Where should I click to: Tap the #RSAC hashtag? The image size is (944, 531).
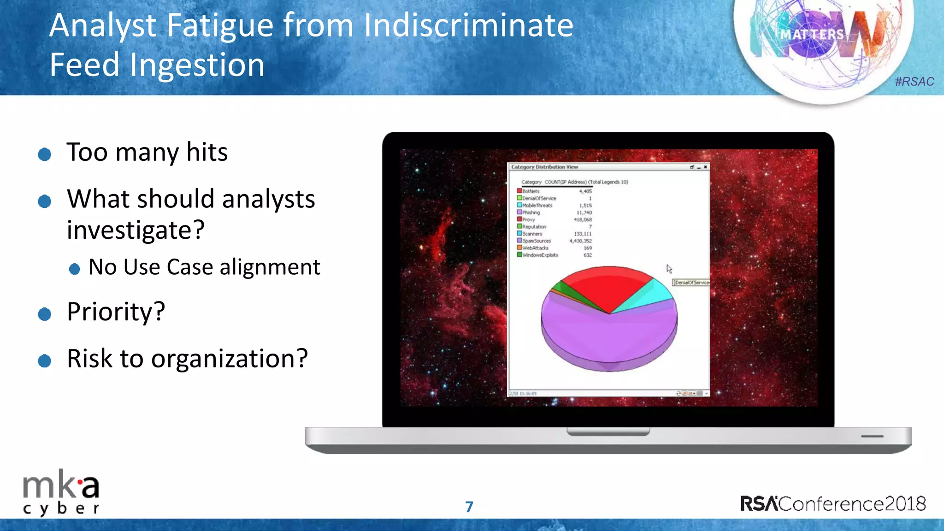pyautogui.click(x=914, y=82)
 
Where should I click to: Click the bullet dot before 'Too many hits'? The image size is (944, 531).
pyautogui.click(x=44, y=154)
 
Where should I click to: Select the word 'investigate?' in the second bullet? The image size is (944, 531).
pyautogui.click(x=136, y=230)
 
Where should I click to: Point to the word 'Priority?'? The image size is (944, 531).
pyautogui.click(x=116, y=312)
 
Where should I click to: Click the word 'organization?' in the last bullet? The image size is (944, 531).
pyautogui.click(x=229, y=359)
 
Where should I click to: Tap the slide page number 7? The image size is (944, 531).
pyautogui.click(x=469, y=507)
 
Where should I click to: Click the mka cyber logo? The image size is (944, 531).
pyautogui.click(x=61, y=493)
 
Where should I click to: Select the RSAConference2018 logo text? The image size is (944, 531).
pyautogui.click(x=832, y=504)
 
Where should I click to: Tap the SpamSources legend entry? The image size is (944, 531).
pyautogui.click(x=536, y=241)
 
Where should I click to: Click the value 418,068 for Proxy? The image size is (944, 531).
pyautogui.click(x=583, y=220)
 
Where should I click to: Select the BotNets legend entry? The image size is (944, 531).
pyautogui.click(x=531, y=191)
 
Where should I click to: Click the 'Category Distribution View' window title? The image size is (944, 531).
pyautogui.click(x=544, y=167)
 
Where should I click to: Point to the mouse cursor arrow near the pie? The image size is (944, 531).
pyautogui.click(x=669, y=269)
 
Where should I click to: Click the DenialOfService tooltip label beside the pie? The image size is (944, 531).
pyautogui.click(x=691, y=283)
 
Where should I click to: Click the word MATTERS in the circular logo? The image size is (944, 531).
pyautogui.click(x=812, y=35)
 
